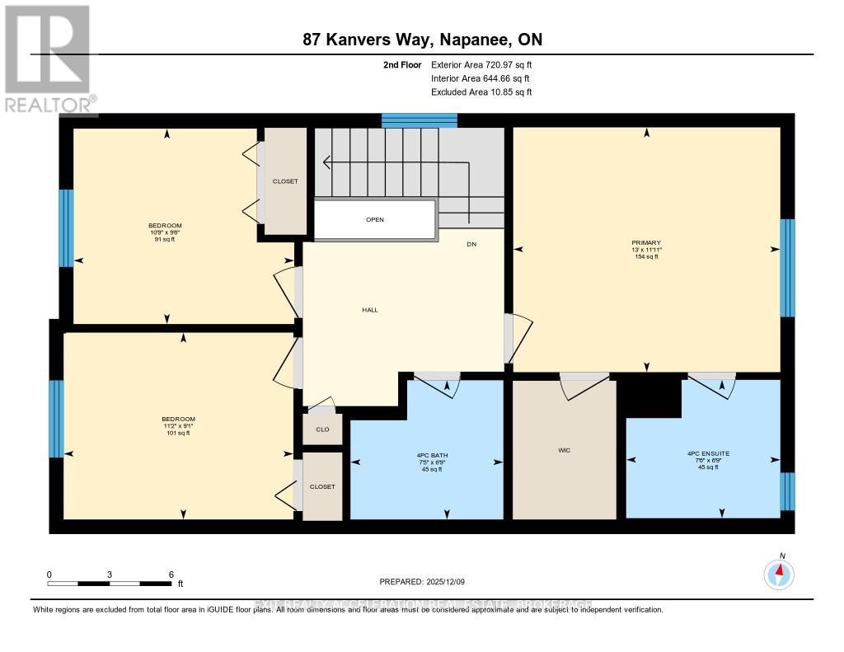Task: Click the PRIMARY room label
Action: pyautogui.click(x=646, y=242)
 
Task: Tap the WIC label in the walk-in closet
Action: pyautogui.click(x=564, y=450)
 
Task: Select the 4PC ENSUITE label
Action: pyautogui.click(x=702, y=453)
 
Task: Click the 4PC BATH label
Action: pyautogui.click(x=432, y=455)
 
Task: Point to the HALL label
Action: pyautogui.click(x=370, y=310)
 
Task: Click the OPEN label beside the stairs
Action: pyautogui.click(x=375, y=219)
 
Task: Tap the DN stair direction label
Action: pyautogui.click(x=471, y=244)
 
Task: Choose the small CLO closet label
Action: pyautogui.click(x=322, y=429)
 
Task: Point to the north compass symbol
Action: pyautogui.click(x=779, y=572)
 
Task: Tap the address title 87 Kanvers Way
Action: pyautogui.click(x=421, y=40)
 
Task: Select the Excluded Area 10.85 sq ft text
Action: pyautogui.click(x=481, y=92)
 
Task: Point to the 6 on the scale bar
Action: pyautogui.click(x=170, y=574)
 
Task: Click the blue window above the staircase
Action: pyautogui.click(x=419, y=120)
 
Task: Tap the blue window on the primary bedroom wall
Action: pyautogui.click(x=787, y=268)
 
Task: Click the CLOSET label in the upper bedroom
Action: pyautogui.click(x=285, y=181)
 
